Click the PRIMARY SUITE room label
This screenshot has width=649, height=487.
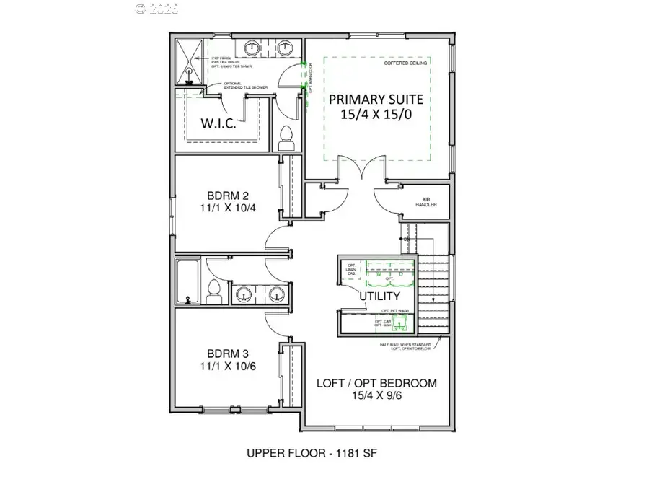pos(376,100)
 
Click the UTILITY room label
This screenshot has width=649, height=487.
pos(379,296)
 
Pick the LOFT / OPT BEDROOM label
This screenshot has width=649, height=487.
pos(376,383)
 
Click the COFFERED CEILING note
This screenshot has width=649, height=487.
pos(405,63)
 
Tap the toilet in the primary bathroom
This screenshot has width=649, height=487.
pos(286,138)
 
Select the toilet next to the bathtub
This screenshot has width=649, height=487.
pos(213,291)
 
